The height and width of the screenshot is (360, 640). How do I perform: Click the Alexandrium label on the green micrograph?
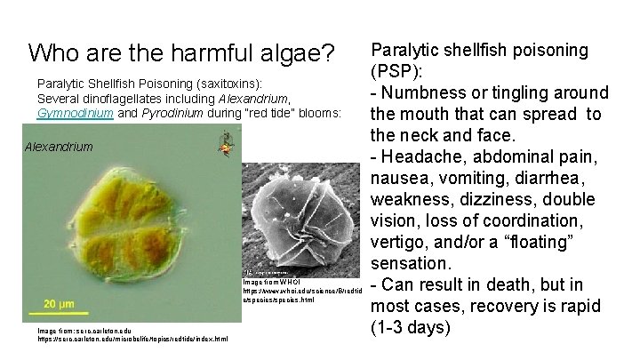pos(60,146)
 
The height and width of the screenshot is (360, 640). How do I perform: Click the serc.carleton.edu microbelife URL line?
pos(132,339)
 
